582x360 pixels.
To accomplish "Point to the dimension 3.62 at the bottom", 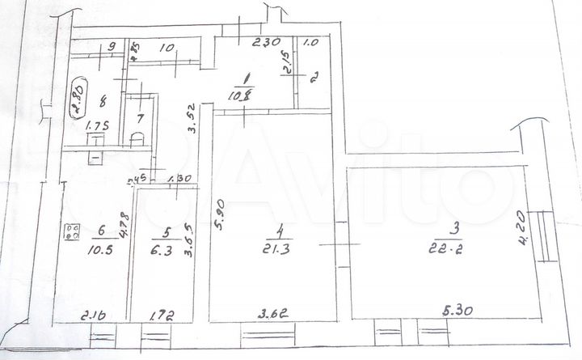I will [x=273, y=311].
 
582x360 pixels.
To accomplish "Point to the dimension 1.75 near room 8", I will [x=98, y=127].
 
